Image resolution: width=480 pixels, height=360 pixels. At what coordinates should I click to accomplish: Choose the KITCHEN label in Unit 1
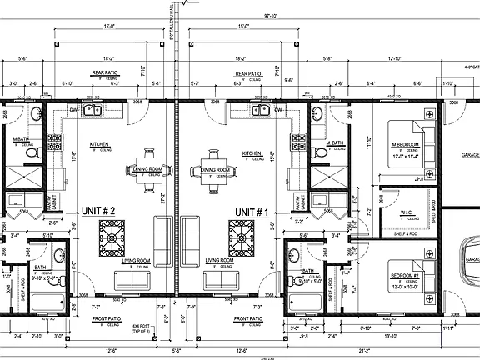coord(252,153)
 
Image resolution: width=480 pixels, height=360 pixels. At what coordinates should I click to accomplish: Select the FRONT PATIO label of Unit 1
coord(249,318)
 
